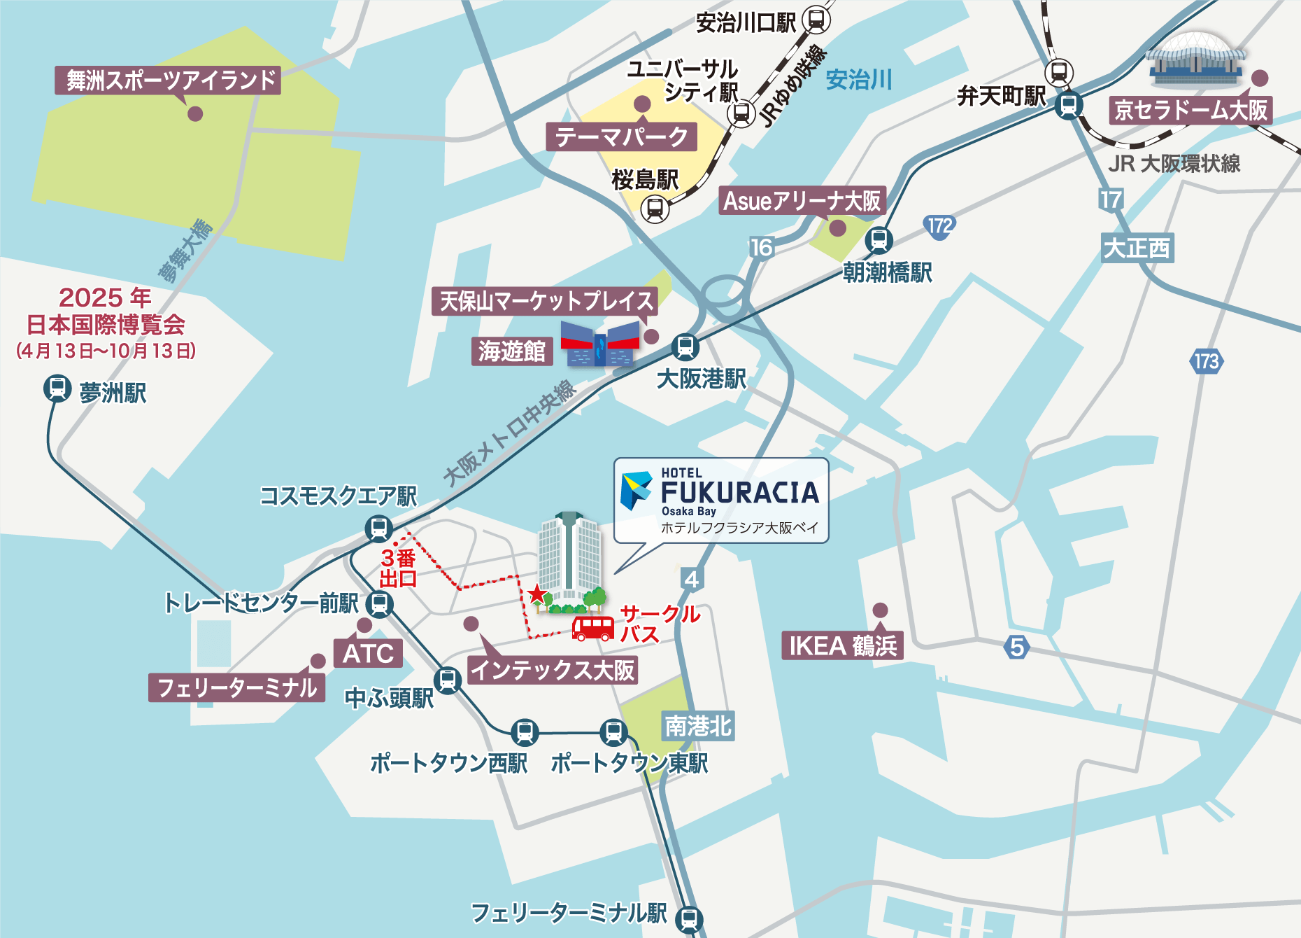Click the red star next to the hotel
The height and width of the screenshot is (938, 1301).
(x=536, y=594)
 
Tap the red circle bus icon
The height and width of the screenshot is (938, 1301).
(x=593, y=628)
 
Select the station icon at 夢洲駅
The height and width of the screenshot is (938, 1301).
(x=57, y=388)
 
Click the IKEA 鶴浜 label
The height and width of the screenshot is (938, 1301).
(x=842, y=645)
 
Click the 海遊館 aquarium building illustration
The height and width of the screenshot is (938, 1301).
(x=600, y=343)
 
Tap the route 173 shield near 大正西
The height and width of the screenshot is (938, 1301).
(x=1206, y=361)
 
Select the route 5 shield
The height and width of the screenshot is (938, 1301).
(x=1017, y=647)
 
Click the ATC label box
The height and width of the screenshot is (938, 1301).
(x=368, y=653)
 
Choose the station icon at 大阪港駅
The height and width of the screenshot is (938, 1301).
(x=685, y=346)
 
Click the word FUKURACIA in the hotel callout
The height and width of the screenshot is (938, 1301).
(x=740, y=493)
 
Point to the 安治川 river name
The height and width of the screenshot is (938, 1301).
(x=858, y=80)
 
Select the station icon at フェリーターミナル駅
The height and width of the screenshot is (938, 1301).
(x=689, y=918)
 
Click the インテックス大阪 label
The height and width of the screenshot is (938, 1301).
(x=553, y=670)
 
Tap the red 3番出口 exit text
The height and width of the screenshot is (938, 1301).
(x=398, y=568)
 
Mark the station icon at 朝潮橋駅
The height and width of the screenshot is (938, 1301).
(x=879, y=240)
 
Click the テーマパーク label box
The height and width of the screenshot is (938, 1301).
(x=621, y=136)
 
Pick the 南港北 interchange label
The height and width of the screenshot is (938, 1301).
(x=697, y=726)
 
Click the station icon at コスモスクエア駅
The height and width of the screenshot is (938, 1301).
(x=378, y=528)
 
